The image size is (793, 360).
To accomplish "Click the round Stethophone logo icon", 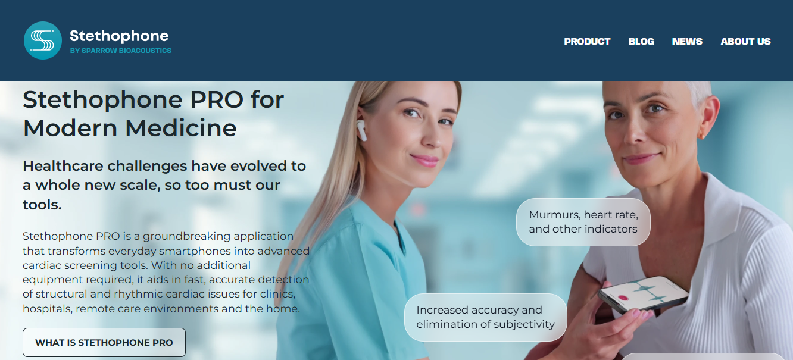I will click(43, 40).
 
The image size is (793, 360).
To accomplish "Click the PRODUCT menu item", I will click(587, 42).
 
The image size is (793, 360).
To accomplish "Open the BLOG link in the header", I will click(641, 42).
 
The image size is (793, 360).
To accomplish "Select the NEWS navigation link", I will click(687, 42).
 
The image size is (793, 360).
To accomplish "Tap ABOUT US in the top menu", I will click(745, 42).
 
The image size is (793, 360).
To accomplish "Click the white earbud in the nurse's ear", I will click(361, 129).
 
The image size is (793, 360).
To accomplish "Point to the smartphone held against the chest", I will click(643, 295).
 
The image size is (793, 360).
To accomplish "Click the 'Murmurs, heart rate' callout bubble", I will click(583, 222).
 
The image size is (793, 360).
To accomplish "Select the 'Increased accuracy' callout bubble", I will click(485, 317).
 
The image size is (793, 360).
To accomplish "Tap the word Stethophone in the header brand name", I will click(119, 36).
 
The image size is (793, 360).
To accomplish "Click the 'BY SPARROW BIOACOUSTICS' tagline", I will click(120, 51).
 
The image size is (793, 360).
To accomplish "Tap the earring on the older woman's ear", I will click(701, 136).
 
